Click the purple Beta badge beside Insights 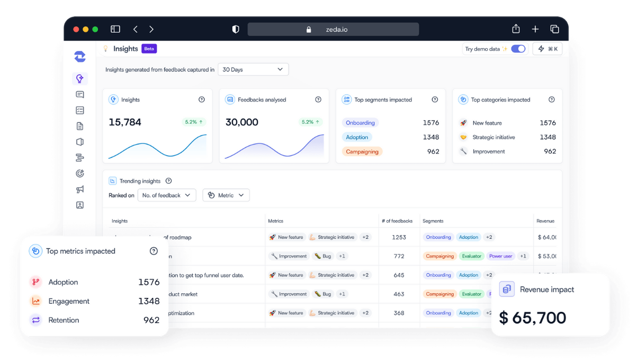149,49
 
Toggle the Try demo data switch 518,49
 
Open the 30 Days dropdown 253,69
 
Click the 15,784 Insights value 125,122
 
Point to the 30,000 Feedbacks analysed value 242,122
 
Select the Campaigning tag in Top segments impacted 362,151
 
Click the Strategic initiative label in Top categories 494,137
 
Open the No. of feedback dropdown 167,195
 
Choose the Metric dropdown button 226,195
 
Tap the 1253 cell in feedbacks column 399,237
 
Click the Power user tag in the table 500,256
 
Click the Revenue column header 545,221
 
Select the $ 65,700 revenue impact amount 533,318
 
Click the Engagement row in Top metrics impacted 69,301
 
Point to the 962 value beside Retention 151,320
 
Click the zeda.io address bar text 337,30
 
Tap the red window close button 76,30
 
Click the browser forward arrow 151,30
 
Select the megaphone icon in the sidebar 80,189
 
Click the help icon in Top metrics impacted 154,251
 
